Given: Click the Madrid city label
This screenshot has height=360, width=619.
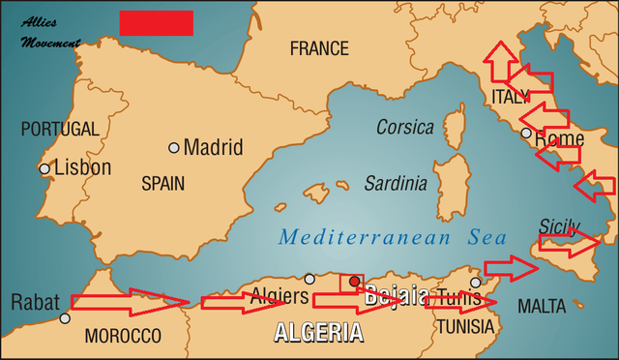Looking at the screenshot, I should pyautogui.click(x=213, y=148).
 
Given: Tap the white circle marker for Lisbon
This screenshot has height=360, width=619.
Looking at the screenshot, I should pyautogui.click(x=44, y=169).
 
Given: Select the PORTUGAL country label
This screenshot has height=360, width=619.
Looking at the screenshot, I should pyautogui.click(x=60, y=129).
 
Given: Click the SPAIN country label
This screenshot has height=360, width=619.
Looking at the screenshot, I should pyautogui.click(x=162, y=182).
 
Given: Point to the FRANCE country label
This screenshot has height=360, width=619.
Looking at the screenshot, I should pyautogui.click(x=319, y=48).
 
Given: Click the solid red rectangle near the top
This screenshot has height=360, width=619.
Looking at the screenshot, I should pyautogui.click(x=156, y=23).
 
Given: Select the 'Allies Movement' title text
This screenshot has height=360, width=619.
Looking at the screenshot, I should pyautogui.click(x=50, y=31).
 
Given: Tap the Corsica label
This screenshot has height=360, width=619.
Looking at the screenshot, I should pyautogui.click(x=406, y=127).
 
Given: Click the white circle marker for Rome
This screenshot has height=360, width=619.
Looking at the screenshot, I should pyautogui.click(x=525, y=134).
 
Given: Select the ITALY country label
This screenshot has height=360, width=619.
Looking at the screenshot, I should pyautogui.click(x=511, y=97).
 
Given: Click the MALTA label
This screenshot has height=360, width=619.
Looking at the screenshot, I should pyautogui.click(x=542, y=306).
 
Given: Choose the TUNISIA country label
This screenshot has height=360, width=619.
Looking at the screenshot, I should pyautogui.click(x=465, y=326).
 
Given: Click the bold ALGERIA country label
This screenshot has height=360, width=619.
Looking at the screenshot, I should pyautogui.click(x=319, y=333).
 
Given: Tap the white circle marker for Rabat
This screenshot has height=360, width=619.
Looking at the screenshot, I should pyautogui.click(x=65, y=318).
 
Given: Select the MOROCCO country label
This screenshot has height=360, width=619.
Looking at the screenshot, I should pyautogui.click(x=123, y=336).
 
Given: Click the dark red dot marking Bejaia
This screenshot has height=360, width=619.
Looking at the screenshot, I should pyautogui.click(x=354, y=282).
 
